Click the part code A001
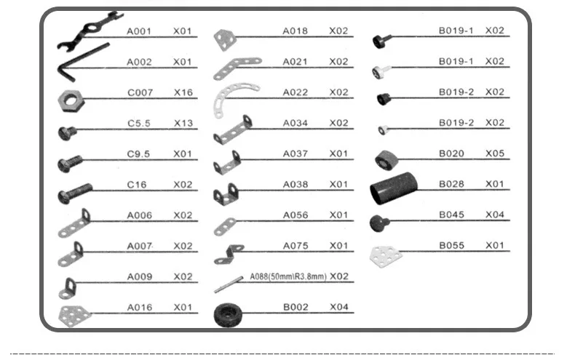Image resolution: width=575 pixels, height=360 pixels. point(139,31)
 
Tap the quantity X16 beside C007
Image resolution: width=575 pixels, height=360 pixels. point(183,92)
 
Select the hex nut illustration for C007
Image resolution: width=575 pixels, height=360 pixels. point(71,101)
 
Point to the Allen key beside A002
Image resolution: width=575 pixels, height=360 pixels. point(83,62)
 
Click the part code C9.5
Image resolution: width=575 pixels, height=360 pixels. point(138,154)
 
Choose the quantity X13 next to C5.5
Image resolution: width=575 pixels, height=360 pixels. point(183,123)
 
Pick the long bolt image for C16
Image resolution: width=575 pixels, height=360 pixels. point(75,193)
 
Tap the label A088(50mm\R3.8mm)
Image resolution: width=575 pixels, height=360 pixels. point(288,276)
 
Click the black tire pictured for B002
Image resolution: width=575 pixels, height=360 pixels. point(228,314)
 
